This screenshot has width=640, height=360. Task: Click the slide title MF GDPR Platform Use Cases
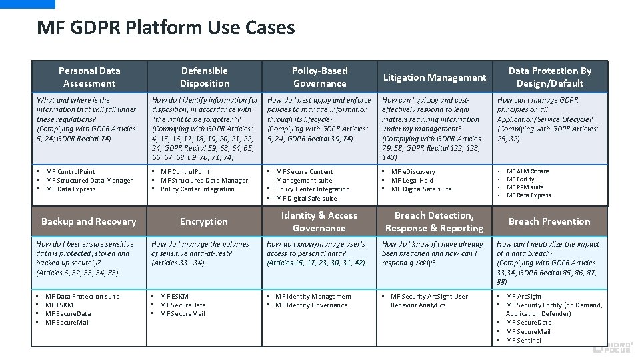[165, 28]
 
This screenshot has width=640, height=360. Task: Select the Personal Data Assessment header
[89, 77]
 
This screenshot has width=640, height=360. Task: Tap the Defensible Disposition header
[205, 77]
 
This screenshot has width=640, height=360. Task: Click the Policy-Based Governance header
[320, 77]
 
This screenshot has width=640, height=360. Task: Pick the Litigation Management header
[434, 77]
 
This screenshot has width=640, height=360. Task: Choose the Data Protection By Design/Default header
[550, 77]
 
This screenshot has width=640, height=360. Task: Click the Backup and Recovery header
[89, 221]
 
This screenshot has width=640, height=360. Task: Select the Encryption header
[204, 221]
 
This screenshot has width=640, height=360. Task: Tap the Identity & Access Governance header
[319, 221]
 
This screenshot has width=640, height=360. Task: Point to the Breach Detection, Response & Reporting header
[434, 221]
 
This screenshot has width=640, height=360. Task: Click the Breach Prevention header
[549, 221]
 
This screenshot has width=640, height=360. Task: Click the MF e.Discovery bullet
[413, 172]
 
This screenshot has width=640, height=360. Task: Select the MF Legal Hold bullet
[411, 181]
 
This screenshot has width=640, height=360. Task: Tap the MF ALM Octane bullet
[528, 171]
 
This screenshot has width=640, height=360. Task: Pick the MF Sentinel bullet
[523, 340]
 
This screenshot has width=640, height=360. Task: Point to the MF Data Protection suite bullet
[82, 297]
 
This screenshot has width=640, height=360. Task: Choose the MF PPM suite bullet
[525, 187]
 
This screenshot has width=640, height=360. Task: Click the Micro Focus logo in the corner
[614, 345]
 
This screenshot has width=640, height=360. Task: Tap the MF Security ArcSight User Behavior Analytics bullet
[429, 301]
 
